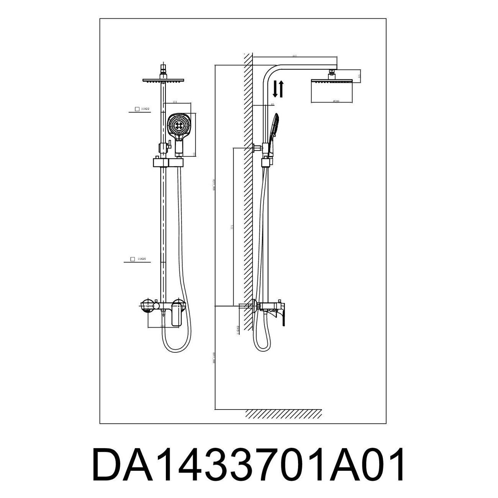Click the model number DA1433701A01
(248, 465)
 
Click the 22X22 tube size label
(145, 109)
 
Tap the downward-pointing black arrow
(275, 90)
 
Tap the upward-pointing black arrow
(281, 89)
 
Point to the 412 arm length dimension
(294, 56)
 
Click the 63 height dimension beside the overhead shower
(359, 76)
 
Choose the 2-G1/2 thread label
(238, 330)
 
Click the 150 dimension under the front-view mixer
(162, 326)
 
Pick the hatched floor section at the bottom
(283, 414)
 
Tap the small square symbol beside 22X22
(137, 109)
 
